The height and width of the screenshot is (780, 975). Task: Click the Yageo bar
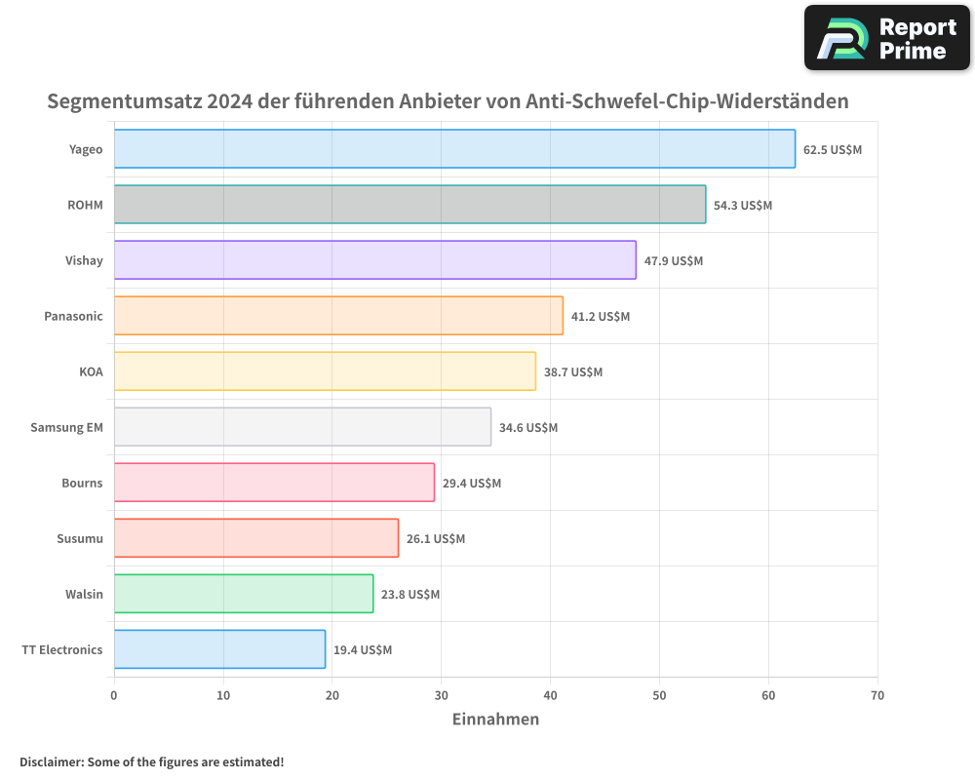(454, 149)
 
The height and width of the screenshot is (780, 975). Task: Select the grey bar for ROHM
(409, 205)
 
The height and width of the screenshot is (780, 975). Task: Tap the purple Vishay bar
(374, 260)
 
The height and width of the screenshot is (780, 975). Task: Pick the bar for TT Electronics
(219, 649)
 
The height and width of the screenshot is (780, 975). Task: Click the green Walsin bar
(244, 594)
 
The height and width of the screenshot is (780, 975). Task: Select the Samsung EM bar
(302, 427)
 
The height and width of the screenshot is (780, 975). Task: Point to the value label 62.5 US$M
(833, 150)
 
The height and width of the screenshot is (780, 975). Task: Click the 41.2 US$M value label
(601, 317)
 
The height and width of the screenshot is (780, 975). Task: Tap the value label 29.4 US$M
(472, 484)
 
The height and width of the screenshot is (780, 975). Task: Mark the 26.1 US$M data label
(436, 539)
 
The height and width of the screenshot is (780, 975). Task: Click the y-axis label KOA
(91, 371)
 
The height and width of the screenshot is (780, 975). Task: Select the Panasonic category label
(73, 316)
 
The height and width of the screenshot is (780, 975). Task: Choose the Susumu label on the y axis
(80, 538)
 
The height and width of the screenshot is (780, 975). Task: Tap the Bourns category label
(82, 483)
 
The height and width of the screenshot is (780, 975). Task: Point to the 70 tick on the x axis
(877, 695)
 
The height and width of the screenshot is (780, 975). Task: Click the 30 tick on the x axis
(442, 695)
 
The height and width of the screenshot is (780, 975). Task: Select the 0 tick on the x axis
(114, 695)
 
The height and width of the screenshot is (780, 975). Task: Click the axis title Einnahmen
(495, 720)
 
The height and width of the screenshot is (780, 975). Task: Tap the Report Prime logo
(886, 38)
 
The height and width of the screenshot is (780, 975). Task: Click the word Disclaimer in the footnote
(51, 761)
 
